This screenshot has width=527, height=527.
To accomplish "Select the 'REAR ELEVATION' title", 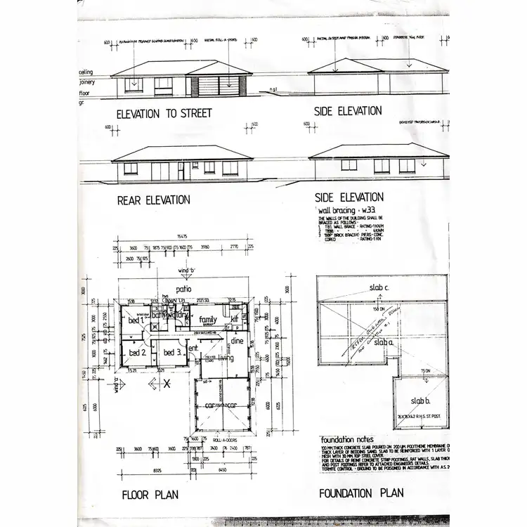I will (x=153, y=200).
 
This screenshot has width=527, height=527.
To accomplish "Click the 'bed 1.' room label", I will (x=135, y=320).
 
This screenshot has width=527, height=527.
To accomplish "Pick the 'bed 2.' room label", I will (x=137, y=351).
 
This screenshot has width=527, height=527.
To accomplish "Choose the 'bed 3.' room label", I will (x=172, y=351).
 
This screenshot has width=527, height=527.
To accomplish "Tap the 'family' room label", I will (x=207, y=320).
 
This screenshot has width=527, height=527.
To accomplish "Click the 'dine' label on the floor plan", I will (x=236, y=341).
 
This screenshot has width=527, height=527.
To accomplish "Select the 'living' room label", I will (x=225, y=358).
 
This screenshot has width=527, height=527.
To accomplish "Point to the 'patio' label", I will (x=185, y=289).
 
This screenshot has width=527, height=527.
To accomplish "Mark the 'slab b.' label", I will (x=420, y=401).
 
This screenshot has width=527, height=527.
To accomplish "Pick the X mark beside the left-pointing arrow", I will (x=167, y=384).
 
